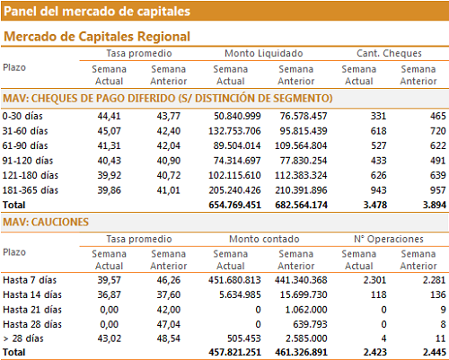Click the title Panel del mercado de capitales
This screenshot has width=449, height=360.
(x=97, y=12)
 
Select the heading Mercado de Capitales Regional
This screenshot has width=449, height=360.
(x=97, y=37)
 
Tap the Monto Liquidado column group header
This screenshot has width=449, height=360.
(x=264, y=53)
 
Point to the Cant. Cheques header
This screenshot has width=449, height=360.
(x=389, y=53)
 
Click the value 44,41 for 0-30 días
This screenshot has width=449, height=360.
(x=109, y=116)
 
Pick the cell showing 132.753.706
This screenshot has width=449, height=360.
(x=234, y=131)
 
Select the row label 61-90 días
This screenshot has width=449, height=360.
(x=25, y=145)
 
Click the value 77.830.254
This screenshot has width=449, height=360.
(x=304, y=161)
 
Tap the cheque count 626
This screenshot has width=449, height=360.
(x=378, y=175)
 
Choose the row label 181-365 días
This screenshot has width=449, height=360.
(x=31, y=190)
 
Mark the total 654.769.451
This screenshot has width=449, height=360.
(x=235, y=205)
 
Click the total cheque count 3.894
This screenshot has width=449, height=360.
(x=435, y=205)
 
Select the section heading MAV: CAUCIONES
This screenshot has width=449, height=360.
(x=46, y=222)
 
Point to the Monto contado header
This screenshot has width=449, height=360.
(x=264, y=239)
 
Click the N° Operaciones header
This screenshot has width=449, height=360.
(x=389, y=239)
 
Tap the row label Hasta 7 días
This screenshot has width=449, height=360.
(x=30, y=280)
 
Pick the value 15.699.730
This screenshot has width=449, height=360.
(x=304, y=294)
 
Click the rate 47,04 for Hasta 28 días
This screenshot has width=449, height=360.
(x=169, y=324)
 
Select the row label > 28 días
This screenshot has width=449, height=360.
(x=23, y=338)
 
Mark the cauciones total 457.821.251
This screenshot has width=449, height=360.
(x=235, y=352)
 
